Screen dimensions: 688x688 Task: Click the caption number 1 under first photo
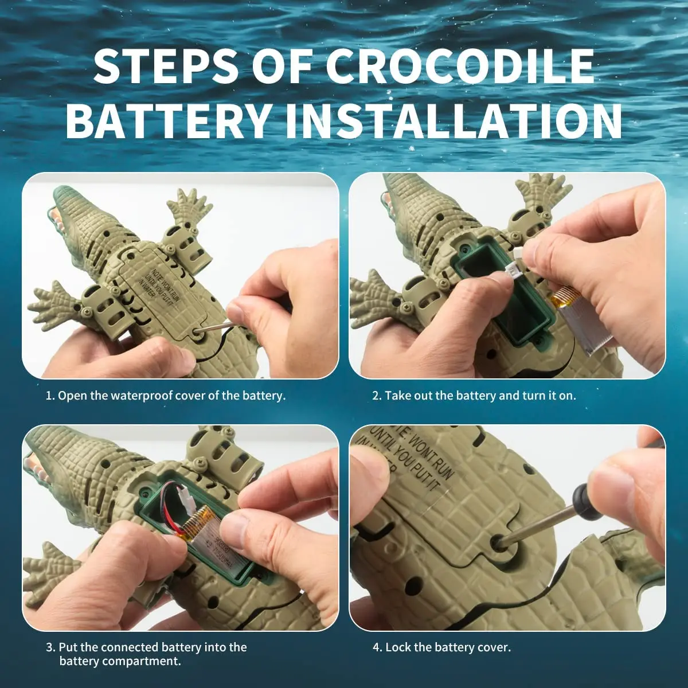pyautogui.click(x=49, y=396)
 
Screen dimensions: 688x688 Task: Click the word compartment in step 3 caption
pyautogui.click(x=146, y=661)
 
